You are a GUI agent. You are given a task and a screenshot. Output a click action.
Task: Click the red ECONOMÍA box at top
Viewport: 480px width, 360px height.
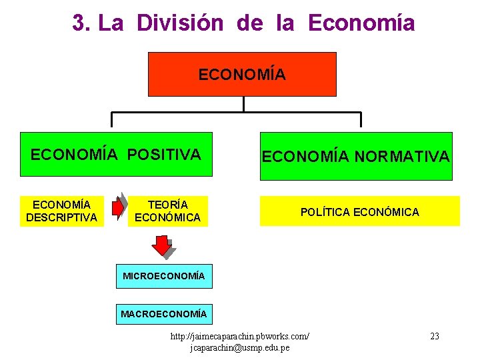click(x=242, y=74)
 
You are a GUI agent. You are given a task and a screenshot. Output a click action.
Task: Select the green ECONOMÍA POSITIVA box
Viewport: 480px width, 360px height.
click(x=115, y=155)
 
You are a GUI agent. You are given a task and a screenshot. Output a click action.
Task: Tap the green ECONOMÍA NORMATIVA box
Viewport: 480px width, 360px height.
click(x=355, y=157)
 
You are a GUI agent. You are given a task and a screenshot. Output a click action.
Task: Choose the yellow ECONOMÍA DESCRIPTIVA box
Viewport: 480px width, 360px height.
click(x=61, y=211)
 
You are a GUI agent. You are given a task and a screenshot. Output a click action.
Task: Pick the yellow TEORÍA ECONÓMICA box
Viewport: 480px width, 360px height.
click(x=167, y=211)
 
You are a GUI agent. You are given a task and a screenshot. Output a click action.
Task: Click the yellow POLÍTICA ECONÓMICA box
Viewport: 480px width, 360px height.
click(x=359, y=212)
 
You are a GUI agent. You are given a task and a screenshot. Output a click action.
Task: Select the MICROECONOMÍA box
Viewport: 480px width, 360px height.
click(x=164, y=275)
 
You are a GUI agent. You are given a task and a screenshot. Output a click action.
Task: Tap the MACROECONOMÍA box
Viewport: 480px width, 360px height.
click(x=164, y=313)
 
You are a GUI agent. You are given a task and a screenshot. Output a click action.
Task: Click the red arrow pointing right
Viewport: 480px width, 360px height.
click(x=118, y=208)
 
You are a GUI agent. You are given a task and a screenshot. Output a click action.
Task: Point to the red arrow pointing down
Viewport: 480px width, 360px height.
click(x=162, y=246)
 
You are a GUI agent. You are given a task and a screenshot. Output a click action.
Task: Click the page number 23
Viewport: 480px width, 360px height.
click(x=434, y=336)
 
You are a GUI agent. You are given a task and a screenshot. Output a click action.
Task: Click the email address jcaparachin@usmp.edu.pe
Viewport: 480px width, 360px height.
click(x=240, y=348)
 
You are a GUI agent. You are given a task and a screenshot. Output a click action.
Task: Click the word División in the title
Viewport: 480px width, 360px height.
click(x=180, y=23)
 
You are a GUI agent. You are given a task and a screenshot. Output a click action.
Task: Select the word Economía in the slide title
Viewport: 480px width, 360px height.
click(x=361, y=23)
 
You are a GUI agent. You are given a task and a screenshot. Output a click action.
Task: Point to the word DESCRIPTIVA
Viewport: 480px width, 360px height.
click(x=61, y=217)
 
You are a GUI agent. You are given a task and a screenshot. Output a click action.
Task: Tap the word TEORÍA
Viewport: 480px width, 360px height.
click(x=167, y=205)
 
